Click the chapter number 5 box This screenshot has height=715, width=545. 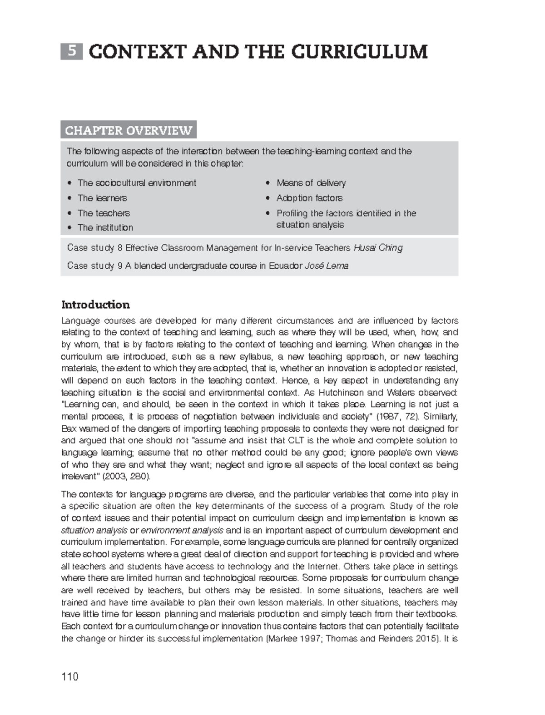coord(72,51)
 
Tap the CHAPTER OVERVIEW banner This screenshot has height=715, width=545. coord(129,130)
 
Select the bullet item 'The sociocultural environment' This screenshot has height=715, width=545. coord(136,183)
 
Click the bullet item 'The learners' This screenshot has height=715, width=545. coord(102,198)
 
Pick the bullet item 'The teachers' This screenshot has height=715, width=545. coord(104,213)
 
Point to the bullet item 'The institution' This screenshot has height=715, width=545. coord(105,227)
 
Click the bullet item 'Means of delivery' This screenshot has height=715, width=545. coord(311,183)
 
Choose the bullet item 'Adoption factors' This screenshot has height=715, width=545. coord(309,198)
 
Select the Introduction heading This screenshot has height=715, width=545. coord(95,304)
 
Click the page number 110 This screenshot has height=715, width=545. coord(69,677)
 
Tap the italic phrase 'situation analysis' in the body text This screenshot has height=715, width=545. coord(94,530)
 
